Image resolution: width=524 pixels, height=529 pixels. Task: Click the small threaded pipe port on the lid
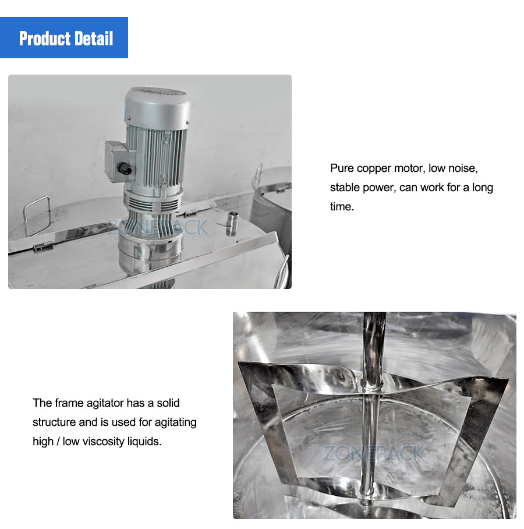tap(232, 224)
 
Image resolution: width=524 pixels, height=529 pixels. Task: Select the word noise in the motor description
tap(462, 169)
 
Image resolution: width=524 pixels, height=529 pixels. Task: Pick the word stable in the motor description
tap(345, 188)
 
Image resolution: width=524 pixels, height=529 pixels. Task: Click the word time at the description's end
tap(341, 207)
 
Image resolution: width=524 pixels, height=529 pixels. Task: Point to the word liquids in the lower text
tap(144, 442)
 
